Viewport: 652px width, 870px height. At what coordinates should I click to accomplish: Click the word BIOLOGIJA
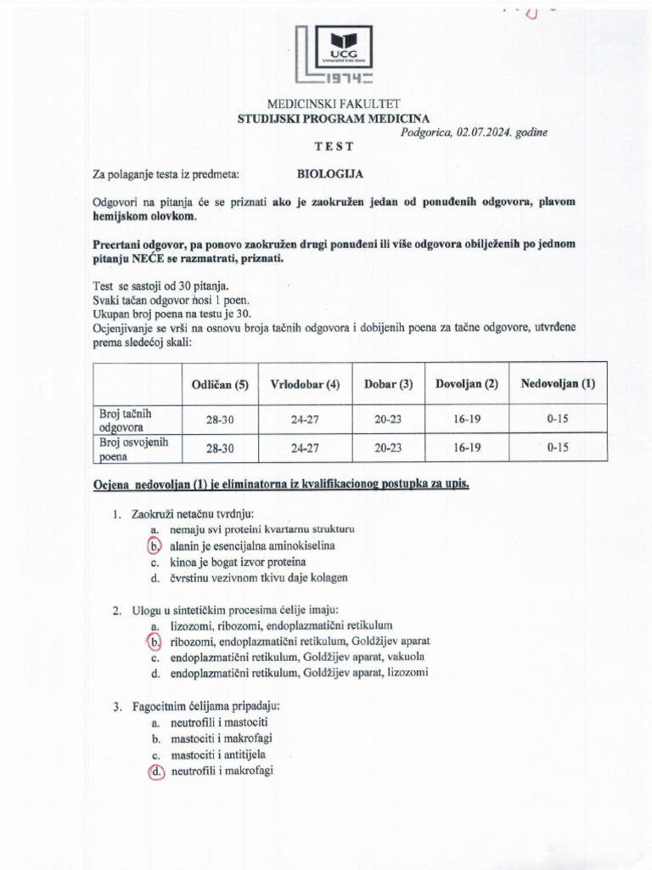[x=329, y=174]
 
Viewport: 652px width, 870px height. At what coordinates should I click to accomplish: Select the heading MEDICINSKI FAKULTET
[x=334, y=104]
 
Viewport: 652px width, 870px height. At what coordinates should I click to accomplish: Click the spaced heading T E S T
[x=334, y=146]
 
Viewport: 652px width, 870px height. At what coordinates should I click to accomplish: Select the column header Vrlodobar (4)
[x=305, y=383]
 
